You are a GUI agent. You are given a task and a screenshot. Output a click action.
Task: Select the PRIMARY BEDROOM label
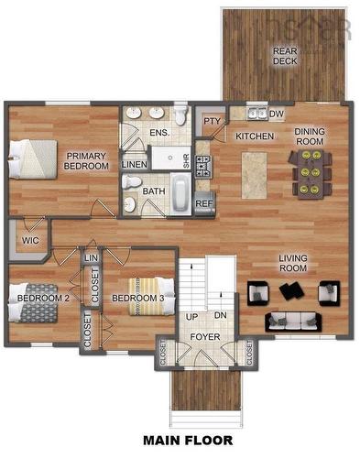(86, 161)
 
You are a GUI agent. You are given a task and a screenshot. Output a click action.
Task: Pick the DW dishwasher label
(277, 114)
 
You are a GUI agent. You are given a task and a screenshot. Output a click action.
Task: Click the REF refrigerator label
(203, 203)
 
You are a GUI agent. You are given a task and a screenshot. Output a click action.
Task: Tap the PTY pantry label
(212, 121)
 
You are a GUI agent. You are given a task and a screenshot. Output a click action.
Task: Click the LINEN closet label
(135, 165)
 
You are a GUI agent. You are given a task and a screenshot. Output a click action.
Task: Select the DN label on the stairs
(219, 316)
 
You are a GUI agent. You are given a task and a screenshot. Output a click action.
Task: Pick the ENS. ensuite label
(158, 133)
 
